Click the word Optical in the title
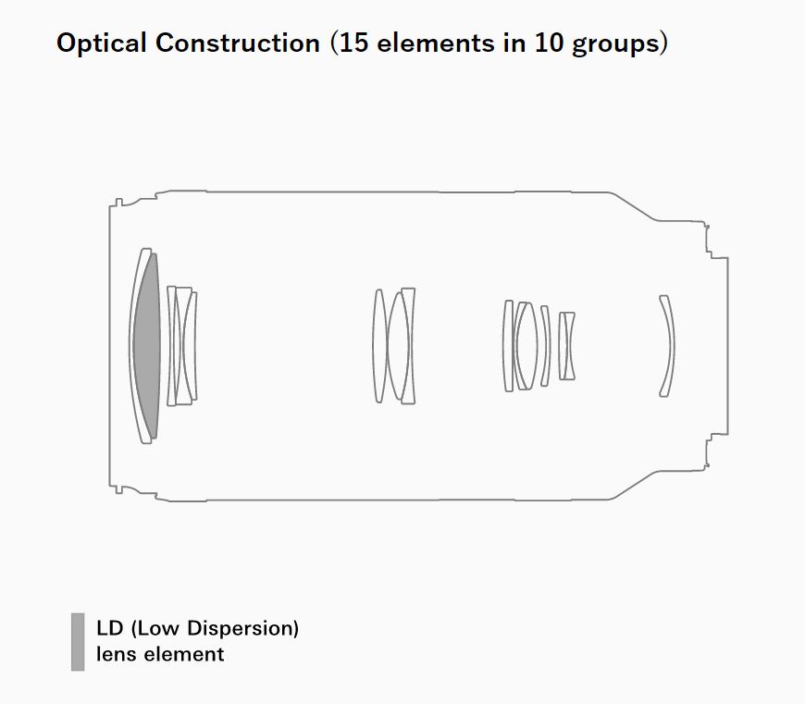(x=102, y=43)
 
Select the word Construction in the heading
(x=238, y=43)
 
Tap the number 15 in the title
(x=353, y=43)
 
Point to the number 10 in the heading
(x=550, y=43)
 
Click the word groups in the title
(x=615, y=44)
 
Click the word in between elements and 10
(x=515, y=43)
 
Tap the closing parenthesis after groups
(x=663, y=43)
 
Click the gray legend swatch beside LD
(x=78, y=641)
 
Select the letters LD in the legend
(x=110, y=628)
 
